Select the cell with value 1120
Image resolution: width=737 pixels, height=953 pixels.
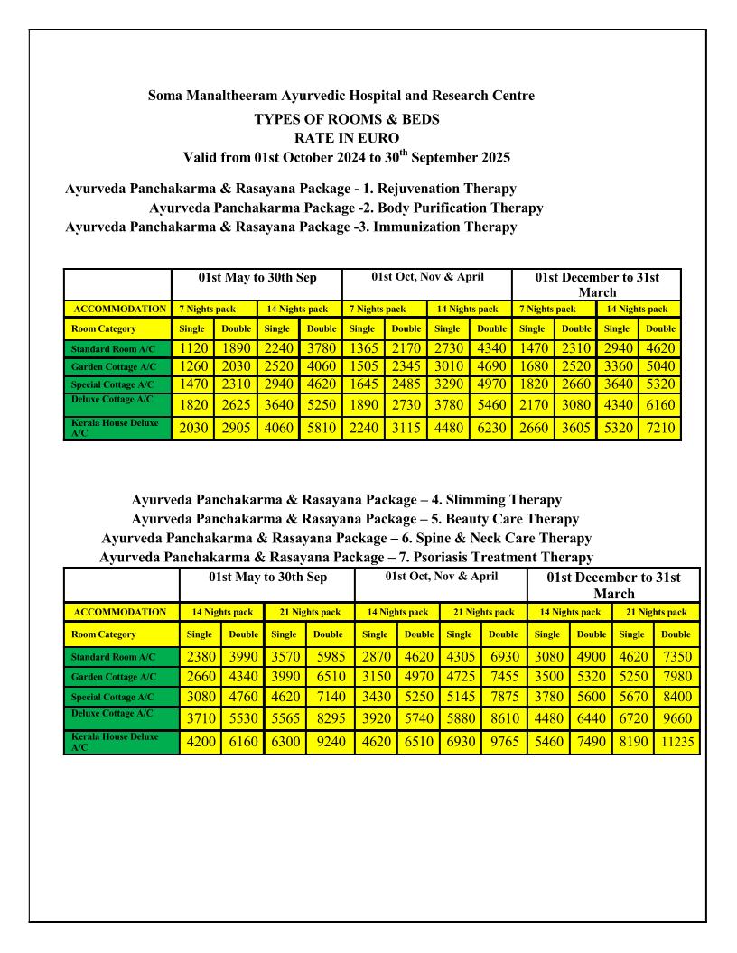click(x=193, y=348)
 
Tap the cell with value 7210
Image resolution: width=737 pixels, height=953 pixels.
click(x=661, y=427)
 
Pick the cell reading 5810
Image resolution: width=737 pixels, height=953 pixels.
click(x=321, y=427)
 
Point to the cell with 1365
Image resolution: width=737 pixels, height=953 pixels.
click(x=363, y=348)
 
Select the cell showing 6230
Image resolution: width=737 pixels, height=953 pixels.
click(x=491, y=427)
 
